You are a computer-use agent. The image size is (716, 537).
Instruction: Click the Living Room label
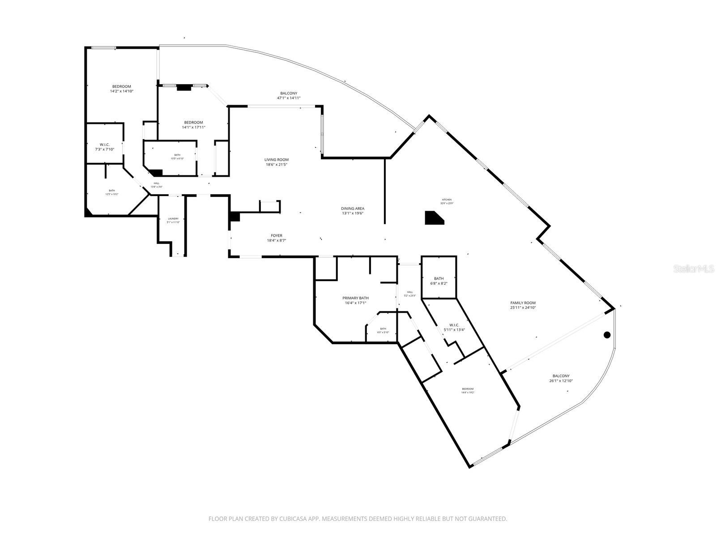point(276,162)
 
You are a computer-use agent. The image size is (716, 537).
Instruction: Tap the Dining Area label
point(353,211)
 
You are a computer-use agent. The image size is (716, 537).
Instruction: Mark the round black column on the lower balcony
point(607,335)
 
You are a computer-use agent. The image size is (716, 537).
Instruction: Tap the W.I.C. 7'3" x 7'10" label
point(104,147)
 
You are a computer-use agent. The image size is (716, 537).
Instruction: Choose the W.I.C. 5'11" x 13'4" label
point(454,328)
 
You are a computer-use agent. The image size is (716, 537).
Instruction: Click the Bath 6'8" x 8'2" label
point(439,281)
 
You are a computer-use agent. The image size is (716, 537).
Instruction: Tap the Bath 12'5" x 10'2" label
point(111,192)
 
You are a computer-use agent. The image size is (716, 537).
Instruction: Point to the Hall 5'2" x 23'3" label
point(410,294)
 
